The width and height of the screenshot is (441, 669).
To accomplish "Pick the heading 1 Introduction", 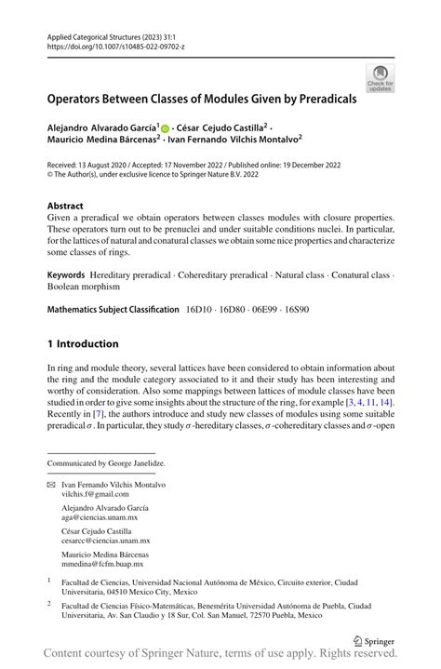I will click(83, 343).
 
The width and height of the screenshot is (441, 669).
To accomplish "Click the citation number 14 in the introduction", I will click(385, 401).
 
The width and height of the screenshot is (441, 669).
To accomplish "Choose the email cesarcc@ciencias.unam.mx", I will click(105, 540).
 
